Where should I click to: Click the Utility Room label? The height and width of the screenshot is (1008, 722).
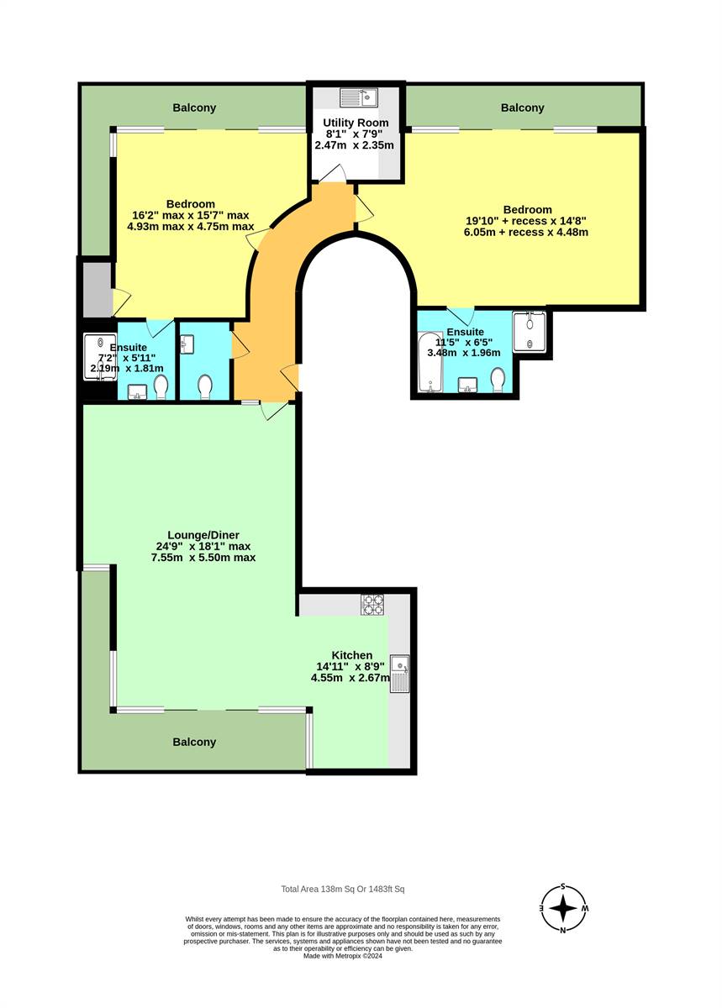pyautogui.click(x=356, y=123)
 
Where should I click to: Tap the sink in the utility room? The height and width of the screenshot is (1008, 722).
pyautogui.click(x=359, y=97)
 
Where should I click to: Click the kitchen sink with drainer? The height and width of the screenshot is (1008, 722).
pyautogui.click(x=399, y=673)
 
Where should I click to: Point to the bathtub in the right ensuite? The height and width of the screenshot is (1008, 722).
pyautogui.click(x=430, y=361)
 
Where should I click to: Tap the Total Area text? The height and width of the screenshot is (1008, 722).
pyautogui.click(x=343, y=889)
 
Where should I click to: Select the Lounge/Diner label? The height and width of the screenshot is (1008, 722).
pyautogui.click(x=203, y=535)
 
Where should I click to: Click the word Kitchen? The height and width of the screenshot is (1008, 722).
pyautogui.click(x=352, y=655)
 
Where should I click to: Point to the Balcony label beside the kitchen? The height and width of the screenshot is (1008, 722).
pyautogui.click(x=194, y=742)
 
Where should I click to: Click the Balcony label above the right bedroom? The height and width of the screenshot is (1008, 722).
pyautogui.click(x=523, y=108)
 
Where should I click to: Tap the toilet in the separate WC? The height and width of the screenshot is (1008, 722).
pyautogui.click(x=205, y=386)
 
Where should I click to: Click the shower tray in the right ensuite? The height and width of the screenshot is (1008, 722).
pyautogui.click(x=530, y=332)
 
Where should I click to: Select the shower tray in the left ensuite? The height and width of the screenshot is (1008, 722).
pyautogui.click(x=100, y=357)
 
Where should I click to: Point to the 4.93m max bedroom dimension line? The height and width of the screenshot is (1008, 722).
pyautogui.click(x=190, y=226)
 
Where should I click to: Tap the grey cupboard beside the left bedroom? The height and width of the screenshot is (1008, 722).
pyautogui.click(x=97, y=289)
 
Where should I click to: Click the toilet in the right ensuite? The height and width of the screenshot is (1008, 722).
pyautogui.click(x=498, y=381)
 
